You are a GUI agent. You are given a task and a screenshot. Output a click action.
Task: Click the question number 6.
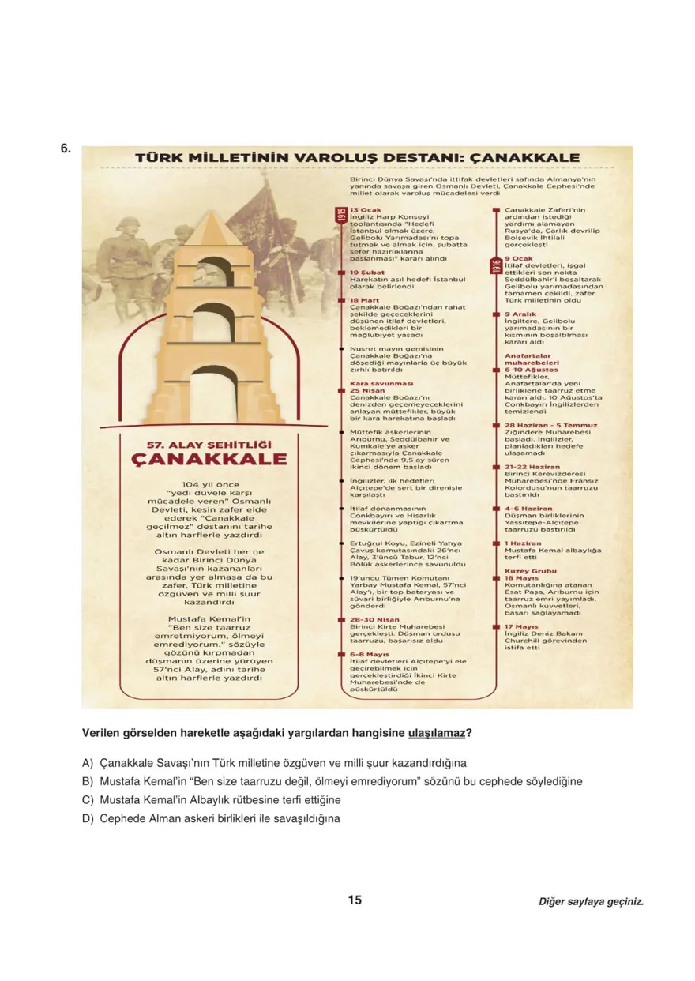[x=66, y=148]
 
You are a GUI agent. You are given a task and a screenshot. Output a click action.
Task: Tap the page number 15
[x=355, y=900]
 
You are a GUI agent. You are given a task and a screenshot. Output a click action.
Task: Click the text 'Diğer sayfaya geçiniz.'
[x=591, y=901]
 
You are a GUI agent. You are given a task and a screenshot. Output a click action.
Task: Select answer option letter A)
[x=88, y=764]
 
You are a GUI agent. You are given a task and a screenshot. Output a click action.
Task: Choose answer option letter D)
[x=88, y=818]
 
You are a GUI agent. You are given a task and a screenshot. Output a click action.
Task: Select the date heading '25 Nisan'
[x=367, y=390]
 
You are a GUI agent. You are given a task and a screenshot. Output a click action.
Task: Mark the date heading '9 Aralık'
[x=521, y=314]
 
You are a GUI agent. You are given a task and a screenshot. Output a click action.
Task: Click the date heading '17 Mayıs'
[x=521, y=626]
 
